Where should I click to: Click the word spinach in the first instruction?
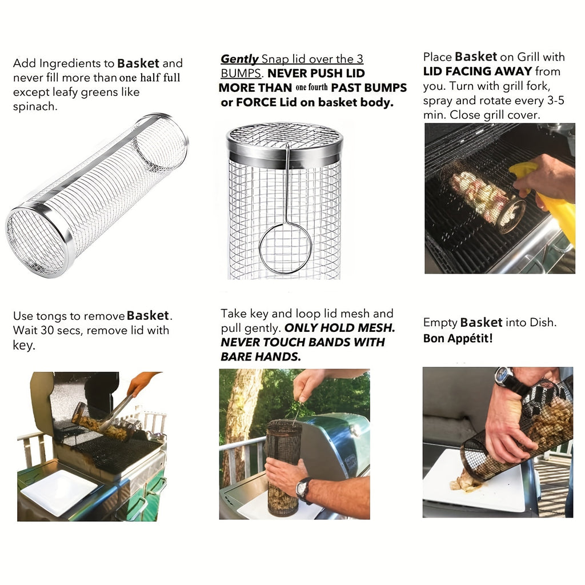[34, 106]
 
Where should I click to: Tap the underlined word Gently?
[239, 59]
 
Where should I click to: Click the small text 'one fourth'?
[312, 88]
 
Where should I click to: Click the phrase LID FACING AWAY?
[478, 71]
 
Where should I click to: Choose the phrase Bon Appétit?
[458, 338]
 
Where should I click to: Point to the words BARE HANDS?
[261, 356]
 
